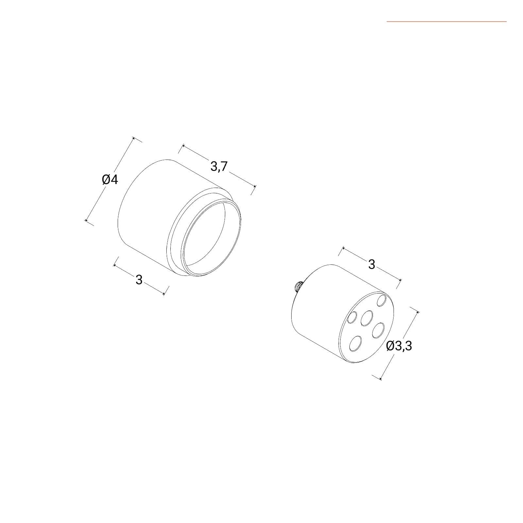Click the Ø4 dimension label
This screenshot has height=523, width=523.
[x=110, y=180]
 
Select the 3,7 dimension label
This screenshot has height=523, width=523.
[x=219, y=167]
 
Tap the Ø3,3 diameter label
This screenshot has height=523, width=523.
[x=399, y=346]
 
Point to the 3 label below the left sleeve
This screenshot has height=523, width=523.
[x=139, y=280]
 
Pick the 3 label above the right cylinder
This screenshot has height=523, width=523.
[x=371, y=264]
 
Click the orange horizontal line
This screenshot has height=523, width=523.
[x=447, y=22]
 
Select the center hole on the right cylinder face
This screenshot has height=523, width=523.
[x=367, y=318]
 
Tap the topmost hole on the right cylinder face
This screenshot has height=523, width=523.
[x=381, y=300]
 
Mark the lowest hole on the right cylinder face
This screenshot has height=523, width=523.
[x=355, y=344]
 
